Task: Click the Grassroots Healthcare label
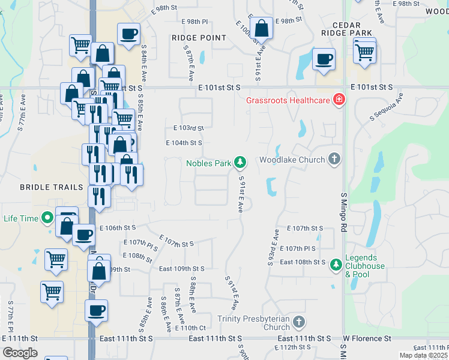(288, 100)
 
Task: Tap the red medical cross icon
(339, 99)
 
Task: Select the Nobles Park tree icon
(240, 162)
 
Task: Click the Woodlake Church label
(292, 160)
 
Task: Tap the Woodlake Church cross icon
(335, 159)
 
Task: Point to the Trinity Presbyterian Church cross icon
(299, 323)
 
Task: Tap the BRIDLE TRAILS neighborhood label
(52, 187)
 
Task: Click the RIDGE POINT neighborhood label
(199, 38)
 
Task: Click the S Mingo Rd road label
(345, 204)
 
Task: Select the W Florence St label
(367, 339)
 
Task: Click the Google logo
(20, 353)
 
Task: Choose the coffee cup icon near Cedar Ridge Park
(324, 59)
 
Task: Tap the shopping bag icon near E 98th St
(261, 28)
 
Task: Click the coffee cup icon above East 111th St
(96, 311)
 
